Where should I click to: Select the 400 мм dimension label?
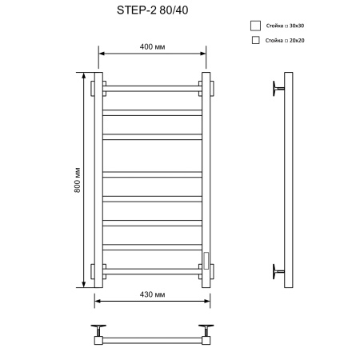pos(151,46)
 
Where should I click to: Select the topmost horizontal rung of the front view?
pos(150,86)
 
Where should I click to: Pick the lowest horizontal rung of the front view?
pos(150,270)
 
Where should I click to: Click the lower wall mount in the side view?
pos(277,270)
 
